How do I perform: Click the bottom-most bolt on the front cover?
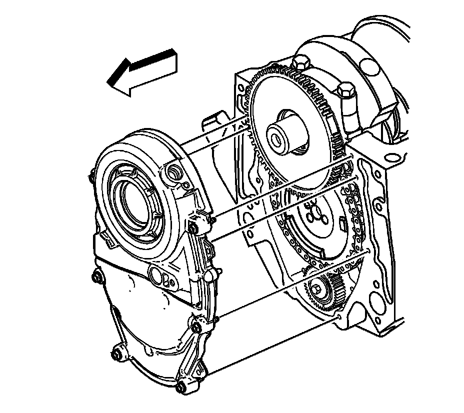click(x=181, y=386)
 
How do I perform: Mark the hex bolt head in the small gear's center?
click(x=317, y=288)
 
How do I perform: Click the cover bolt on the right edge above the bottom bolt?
click(x=196, y=327)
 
